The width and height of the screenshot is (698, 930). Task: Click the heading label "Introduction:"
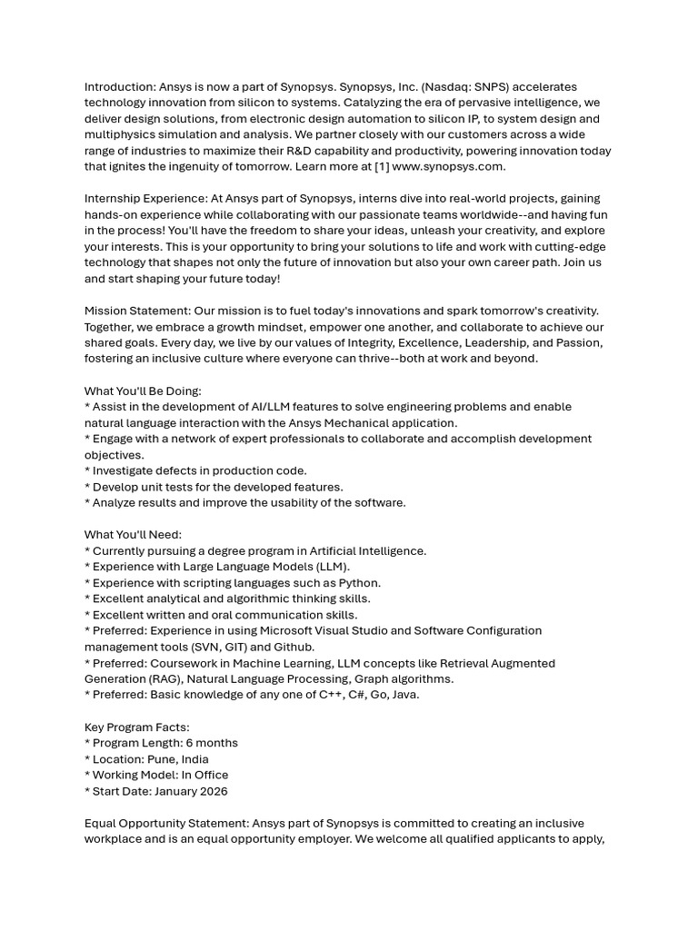[120, 87]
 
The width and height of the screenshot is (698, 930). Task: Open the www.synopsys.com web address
[449, 167]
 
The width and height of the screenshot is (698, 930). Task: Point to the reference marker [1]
[381, 167]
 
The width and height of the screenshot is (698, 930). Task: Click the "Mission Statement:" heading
[137, 311]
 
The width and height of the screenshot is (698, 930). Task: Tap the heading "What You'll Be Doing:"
[143, 391]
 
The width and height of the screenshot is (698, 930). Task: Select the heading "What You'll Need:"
[133, 535]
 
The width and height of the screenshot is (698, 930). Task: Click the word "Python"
[359, 583]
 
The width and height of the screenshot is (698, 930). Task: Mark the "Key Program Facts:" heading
[136, 727]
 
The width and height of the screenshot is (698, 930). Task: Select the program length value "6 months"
[212, 743]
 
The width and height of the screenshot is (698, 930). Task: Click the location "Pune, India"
[178, 759]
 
